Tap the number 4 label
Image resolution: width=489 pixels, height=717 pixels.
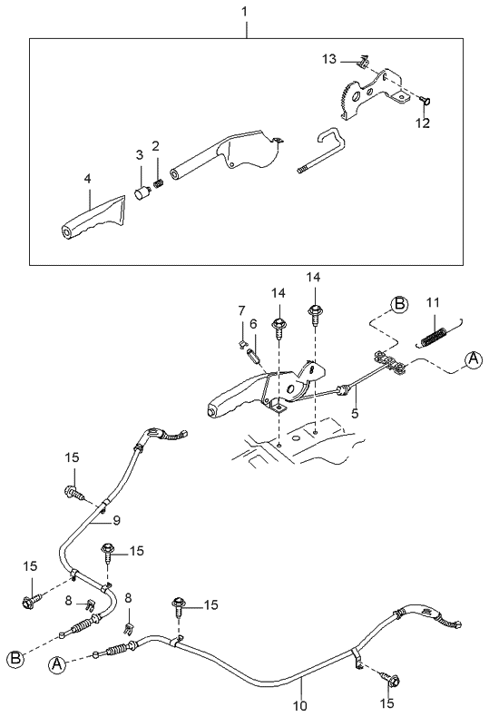(x=88, y=180)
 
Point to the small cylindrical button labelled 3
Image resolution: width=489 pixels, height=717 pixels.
(x=142, y=192)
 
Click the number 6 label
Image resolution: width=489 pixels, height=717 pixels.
(x=254, y=323)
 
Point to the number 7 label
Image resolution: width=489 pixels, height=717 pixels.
(x=241, y=310)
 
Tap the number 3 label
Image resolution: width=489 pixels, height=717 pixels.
(x=140, y=155)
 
